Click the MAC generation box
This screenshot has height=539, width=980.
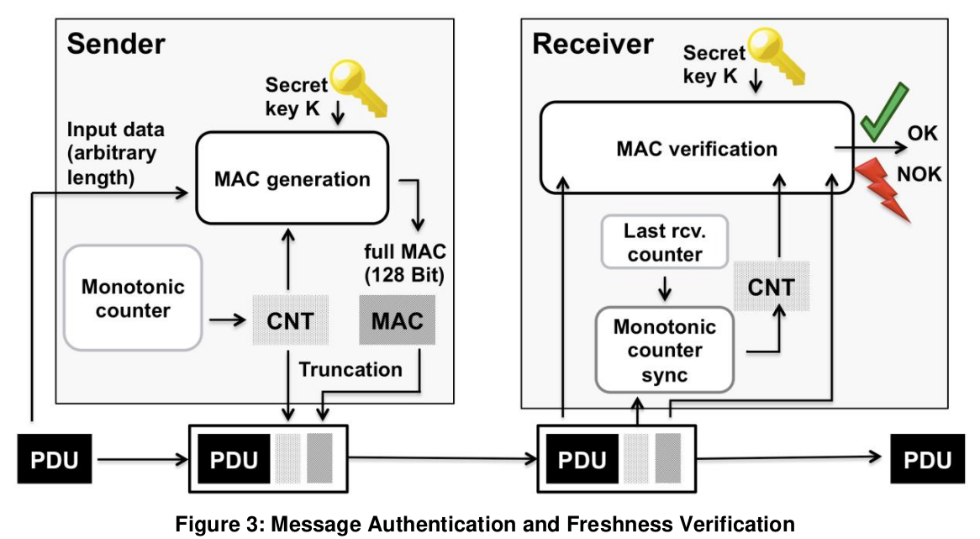pyautogui.click(x=292, y=178)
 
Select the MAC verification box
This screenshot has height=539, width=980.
pyautogui.click(x=697, y=147)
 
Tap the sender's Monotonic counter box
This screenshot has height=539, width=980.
pyautogui.click(x=133, y=298)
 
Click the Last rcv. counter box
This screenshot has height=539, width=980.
pyautogui.click(x=664, y=242)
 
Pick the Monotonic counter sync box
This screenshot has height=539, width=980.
pyautogui.click(x=664, y=350)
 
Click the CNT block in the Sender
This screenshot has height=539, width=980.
pyautogui.click(x=291, y=320)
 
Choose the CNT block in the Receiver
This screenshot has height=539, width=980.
pyautogui.click(x=772, y=287)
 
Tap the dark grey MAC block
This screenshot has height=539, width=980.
pyautogui.click(x=397, y=320)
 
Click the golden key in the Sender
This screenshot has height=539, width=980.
pyautogui.click(x=359, y=87)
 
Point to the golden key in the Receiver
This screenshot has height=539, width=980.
pyautogui.click(x=776, y=55)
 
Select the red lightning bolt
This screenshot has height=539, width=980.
pyautogui.click(x=882, y=189)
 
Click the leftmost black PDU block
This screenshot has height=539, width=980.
pyautogui.click(x=55, y=459)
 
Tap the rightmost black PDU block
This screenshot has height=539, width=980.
pyautogui.click(x=928, y=459)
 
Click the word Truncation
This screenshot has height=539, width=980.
pyautogui.click(x=350, y=369)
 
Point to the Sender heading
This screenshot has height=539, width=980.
pyautogui.click(x=116, y=44)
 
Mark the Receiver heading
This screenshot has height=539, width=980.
pyautogui.click(x=593, y=44)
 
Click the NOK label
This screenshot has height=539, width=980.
pyautogui.click(x=919, y=174)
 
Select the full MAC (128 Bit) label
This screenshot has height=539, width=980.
pyautogui.click(x=405, y=263)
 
